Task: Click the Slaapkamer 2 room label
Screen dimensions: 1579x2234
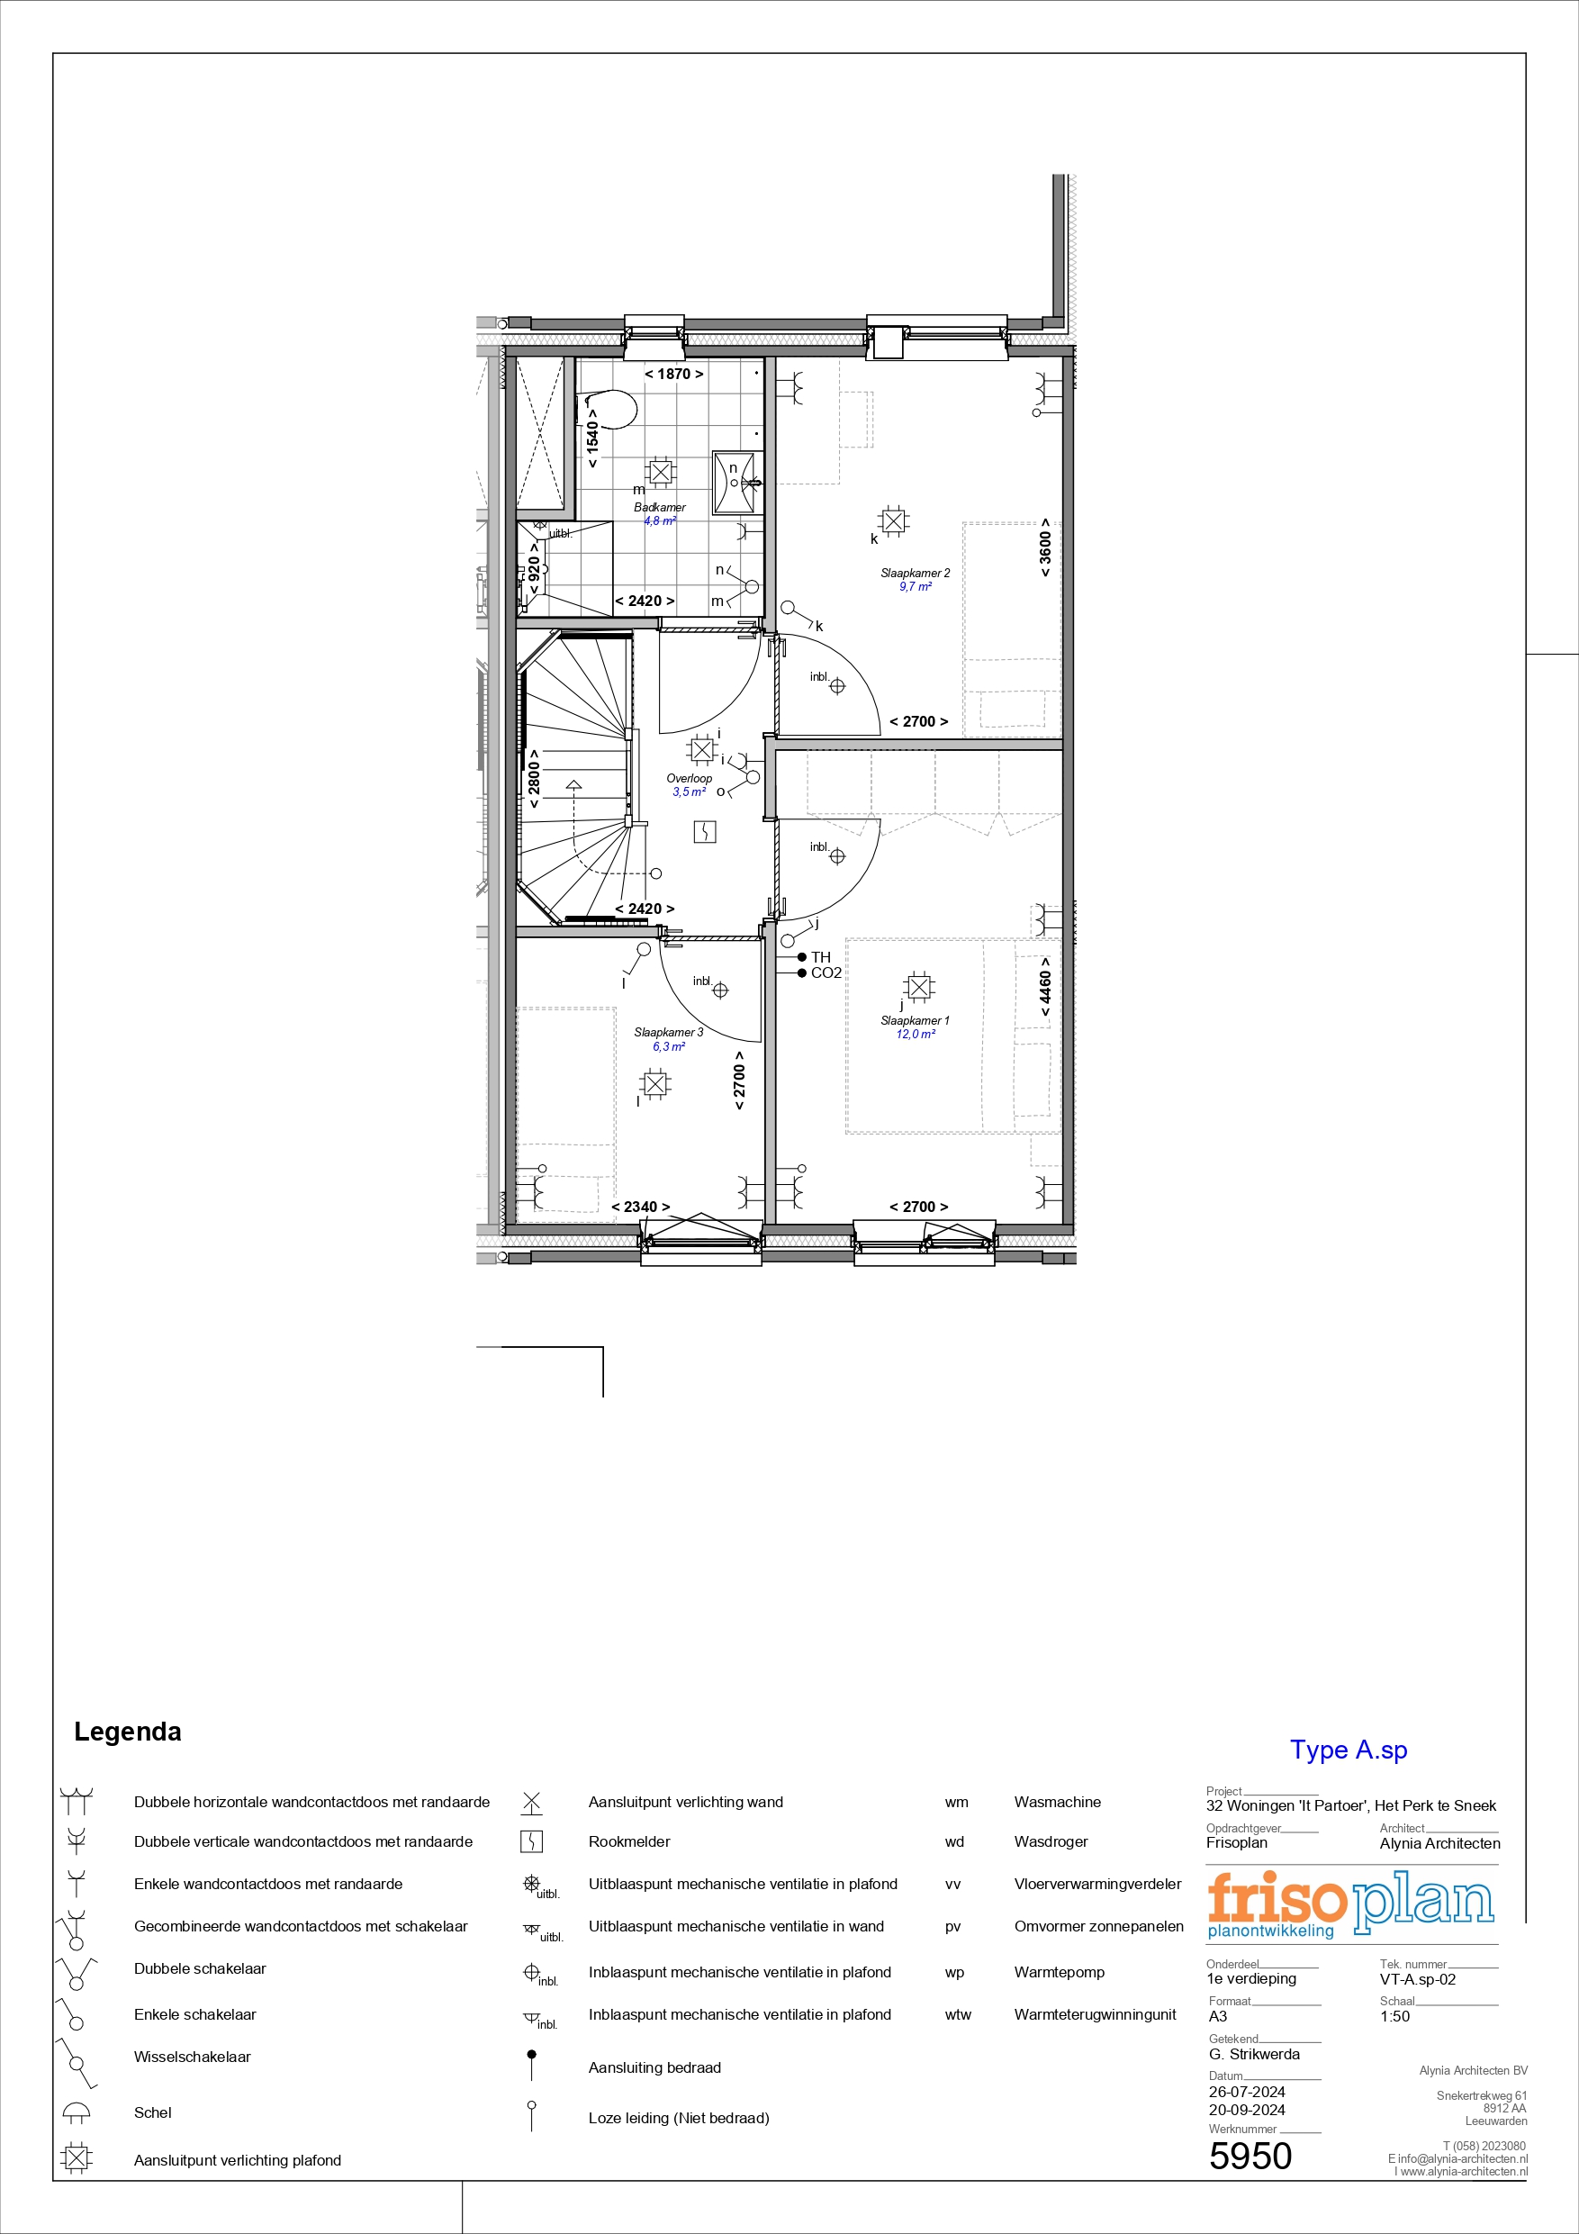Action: coord(915,573)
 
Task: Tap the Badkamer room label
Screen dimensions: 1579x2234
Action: coord(660,507)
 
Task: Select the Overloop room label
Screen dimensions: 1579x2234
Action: coord(689,778)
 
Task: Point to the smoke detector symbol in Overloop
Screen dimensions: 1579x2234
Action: coord(704,831)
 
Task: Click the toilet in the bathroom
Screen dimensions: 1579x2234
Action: coord(610,410)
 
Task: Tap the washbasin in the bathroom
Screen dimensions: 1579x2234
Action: coord(736,482)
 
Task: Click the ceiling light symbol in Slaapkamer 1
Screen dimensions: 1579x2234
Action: coord(918,988)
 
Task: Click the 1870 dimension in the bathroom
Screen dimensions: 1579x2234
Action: coord(673,374)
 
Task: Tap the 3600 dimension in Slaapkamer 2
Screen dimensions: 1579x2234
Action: coord(1045,547)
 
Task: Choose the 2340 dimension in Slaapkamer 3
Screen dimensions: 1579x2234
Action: coord(640,1207)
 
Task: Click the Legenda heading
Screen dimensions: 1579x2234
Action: coord(128,1732)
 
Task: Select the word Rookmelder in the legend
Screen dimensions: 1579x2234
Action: coord(628,1842)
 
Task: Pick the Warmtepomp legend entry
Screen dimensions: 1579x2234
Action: coord(1060,1972)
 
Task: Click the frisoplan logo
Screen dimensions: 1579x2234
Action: coord(1350,1904)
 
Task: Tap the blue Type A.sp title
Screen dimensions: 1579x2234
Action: coord(1349,1750)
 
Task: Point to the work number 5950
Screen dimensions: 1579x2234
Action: coord(1250,2157)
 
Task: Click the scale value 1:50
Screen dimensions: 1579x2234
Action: coord(1394,2016)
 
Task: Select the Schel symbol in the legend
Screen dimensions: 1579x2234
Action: coord(76,2111)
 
